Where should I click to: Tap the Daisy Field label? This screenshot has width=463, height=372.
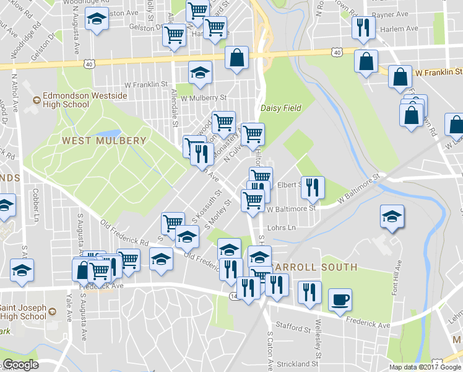coord(280,108)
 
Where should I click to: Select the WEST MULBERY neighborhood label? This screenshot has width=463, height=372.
coord(104,141)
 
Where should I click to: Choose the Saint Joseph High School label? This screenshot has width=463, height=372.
coord(23,312)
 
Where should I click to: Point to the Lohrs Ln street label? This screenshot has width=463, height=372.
coord(282,228)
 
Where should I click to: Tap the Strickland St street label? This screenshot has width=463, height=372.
coord(298,363)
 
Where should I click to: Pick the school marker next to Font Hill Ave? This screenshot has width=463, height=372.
coord(392,217)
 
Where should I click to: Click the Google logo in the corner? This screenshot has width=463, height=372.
coord(20,365)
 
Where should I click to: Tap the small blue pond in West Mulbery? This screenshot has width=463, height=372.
coord(110,133)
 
